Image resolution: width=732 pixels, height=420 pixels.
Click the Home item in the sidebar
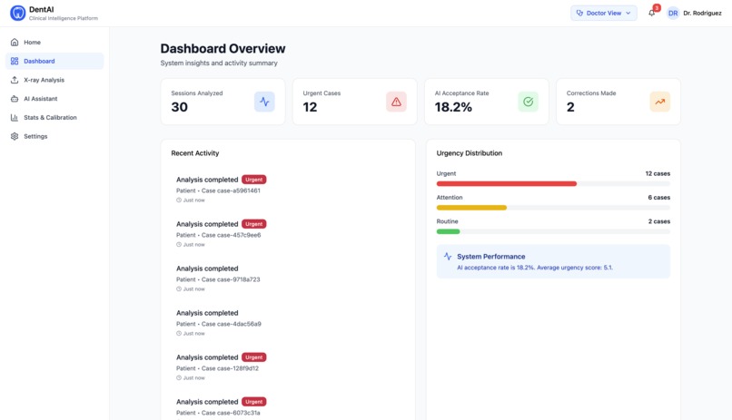[32, 43]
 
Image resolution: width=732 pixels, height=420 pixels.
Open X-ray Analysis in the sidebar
[44, 80]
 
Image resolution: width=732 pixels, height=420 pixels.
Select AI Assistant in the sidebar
[40, 99]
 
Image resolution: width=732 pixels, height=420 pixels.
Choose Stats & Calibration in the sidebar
[50, 118]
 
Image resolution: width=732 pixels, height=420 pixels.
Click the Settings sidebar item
[35, 136]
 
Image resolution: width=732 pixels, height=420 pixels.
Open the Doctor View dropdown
[604, 13]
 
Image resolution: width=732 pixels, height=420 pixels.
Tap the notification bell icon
[652, 13]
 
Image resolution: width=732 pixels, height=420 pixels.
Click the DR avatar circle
[673, 13]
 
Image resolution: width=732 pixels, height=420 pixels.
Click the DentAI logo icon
[17, 13]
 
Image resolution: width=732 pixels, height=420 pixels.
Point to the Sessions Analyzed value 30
[180, 107]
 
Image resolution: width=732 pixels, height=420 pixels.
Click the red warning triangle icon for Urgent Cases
[396, 102]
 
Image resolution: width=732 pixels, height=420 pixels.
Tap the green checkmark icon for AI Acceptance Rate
[528, 102]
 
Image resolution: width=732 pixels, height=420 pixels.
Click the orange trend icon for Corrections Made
[660, 102]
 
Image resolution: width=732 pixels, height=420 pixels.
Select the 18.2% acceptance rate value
[453, 107]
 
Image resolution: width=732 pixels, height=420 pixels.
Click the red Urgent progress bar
[506, 183]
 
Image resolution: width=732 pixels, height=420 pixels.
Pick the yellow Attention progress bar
[471, 208]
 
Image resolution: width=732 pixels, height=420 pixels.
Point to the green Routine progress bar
[448, 231]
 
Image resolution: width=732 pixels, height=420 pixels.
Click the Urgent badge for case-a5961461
[253, 180]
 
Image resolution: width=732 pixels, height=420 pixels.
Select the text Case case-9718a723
[231, 279]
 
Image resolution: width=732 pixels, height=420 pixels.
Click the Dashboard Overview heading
[223, 49]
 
